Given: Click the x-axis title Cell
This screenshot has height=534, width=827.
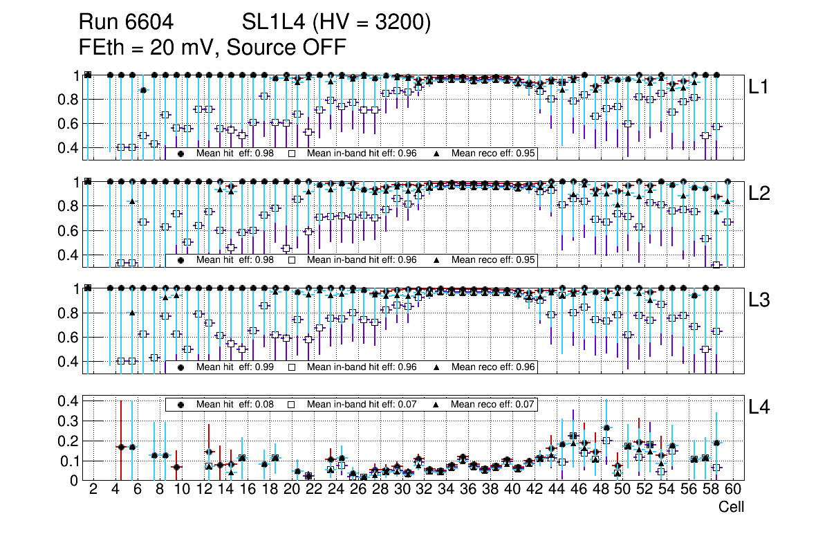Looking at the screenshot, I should (x=731, y=507).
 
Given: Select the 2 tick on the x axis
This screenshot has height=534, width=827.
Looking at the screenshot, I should (x=93, y=490).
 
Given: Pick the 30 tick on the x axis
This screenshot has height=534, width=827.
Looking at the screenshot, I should (x=401, y=490).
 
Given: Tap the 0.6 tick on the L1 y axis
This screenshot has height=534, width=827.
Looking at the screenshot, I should (x=68, y=124).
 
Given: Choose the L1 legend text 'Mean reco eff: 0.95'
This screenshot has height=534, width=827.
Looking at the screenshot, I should (x=494, y=154).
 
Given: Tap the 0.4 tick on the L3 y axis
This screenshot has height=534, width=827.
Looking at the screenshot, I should (x=68, y=362).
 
